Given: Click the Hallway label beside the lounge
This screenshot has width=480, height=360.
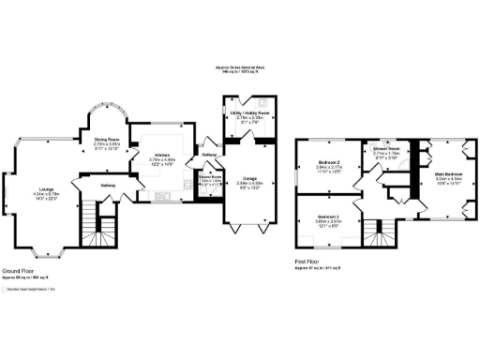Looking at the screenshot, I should tap(107, 185).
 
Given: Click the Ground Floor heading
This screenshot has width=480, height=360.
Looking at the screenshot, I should tap(20, 271).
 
